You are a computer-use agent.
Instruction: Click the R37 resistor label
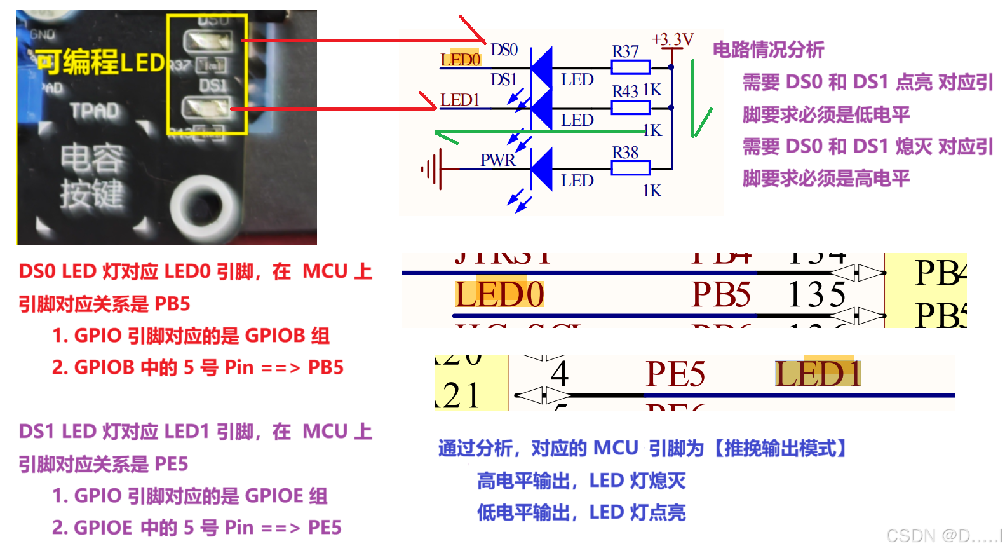625,51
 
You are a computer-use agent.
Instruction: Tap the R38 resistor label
625,153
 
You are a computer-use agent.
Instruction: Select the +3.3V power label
673,39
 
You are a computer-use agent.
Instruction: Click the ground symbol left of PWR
431,170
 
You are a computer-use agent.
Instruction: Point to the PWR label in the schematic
497,160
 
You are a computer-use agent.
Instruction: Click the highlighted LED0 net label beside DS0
461,59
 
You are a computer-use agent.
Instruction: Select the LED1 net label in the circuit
459,100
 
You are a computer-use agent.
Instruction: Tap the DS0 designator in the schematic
504,50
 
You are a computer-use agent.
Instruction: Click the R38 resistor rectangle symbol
630,168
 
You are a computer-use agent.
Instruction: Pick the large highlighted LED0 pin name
499,294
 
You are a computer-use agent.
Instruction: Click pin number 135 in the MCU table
816,294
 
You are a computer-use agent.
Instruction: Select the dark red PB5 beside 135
721,294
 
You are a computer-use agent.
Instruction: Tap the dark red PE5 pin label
675,374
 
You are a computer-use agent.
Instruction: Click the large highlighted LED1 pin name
818,374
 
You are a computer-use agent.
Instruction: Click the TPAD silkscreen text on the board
95,111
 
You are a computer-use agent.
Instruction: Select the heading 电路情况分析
768,50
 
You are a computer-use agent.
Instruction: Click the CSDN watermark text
944,536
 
